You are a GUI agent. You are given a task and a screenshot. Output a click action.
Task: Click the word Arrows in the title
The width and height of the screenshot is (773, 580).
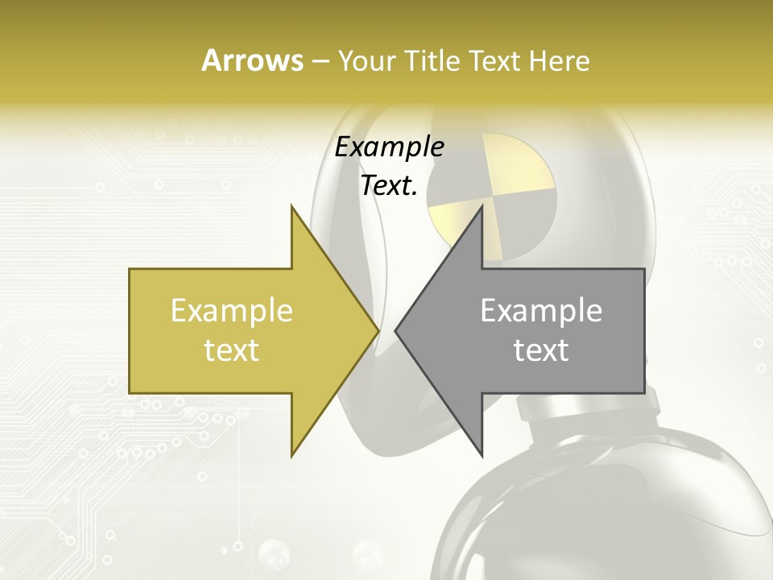pos(252,60)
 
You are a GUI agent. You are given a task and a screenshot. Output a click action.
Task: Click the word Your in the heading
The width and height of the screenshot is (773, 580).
pos(366,60)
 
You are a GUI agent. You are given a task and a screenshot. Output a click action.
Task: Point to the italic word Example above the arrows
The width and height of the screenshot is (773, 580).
pos(389,147)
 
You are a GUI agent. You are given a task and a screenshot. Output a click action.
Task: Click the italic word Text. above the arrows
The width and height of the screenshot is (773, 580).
pos(389,186)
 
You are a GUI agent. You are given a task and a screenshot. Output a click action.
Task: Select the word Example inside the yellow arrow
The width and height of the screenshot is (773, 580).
pos(231,311)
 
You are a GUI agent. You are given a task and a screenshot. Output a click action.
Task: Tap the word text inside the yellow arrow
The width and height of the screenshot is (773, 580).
pos(231,350)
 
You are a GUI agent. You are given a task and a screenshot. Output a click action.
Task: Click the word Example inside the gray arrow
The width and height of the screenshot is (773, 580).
pos(541,311)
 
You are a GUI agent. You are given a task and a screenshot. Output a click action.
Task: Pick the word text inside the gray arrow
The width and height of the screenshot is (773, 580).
pos(541,350)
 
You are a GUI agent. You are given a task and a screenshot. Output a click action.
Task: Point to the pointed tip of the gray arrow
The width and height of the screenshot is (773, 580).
pos(397,330)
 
